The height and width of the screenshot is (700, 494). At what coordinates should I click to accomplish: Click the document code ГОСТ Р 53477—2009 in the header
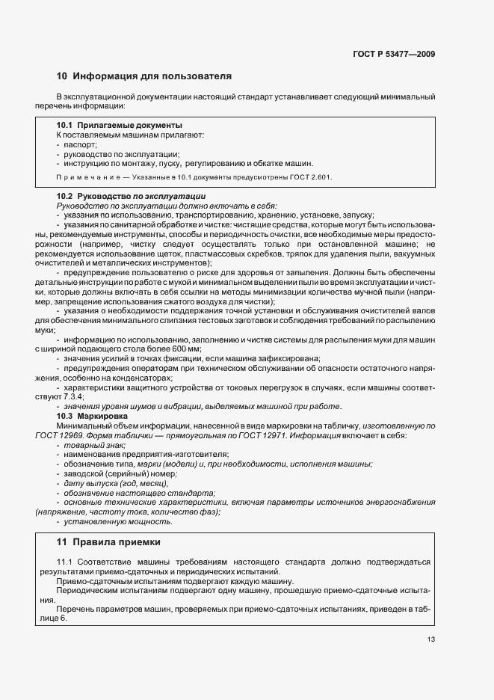coord(393,54)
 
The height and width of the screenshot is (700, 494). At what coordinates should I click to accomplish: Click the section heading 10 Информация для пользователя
coord(144,76)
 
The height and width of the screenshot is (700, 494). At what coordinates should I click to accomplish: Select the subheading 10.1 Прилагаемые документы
coord(120,124)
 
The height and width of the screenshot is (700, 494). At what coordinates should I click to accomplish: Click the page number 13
coord(431,639)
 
